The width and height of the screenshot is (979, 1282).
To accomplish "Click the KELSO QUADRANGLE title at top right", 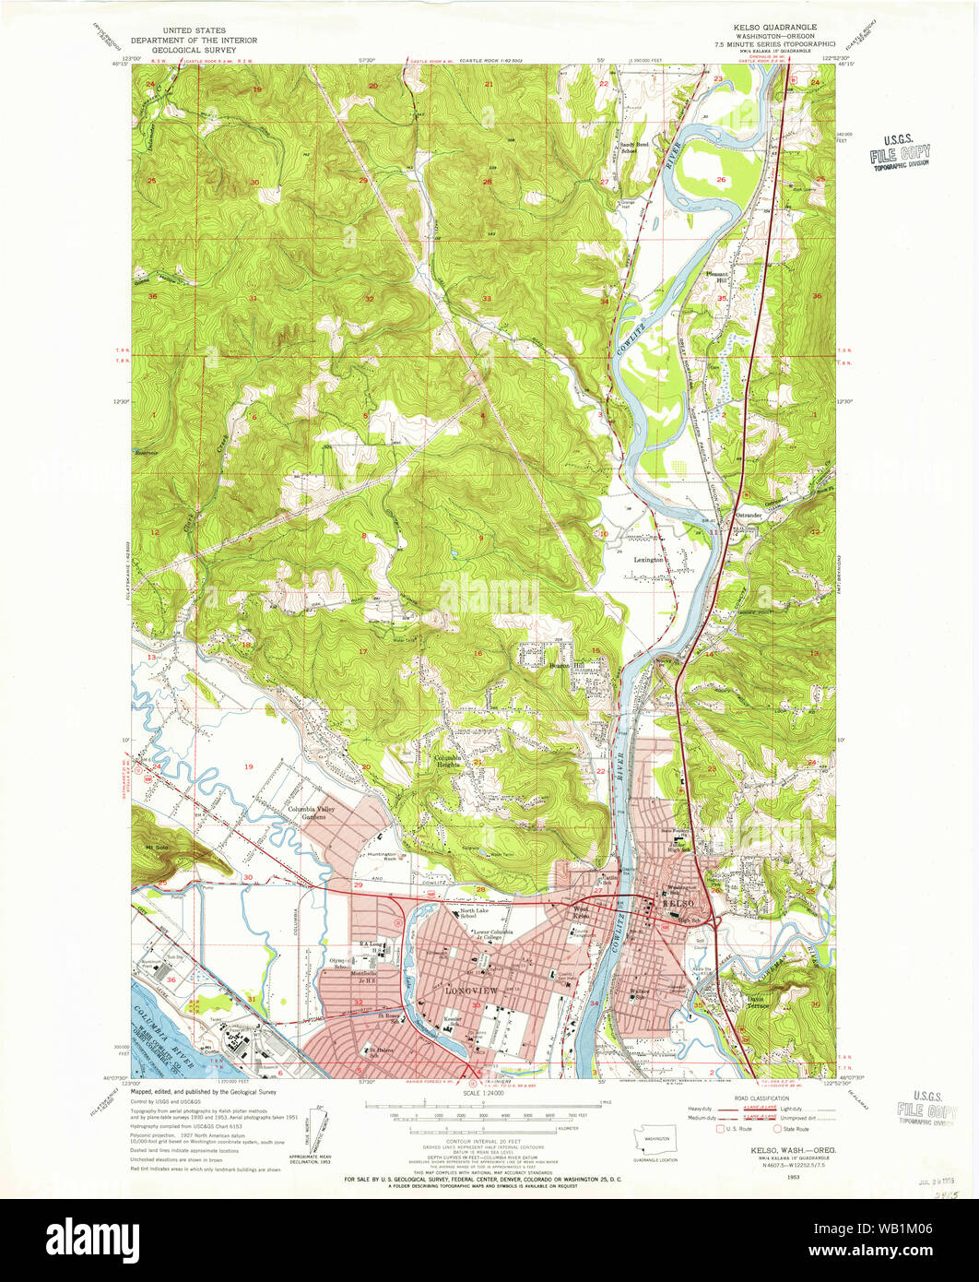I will pos(778,28).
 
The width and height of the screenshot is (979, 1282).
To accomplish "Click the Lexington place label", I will pos(648,560).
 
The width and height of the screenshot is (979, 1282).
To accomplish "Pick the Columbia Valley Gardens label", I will pos(311,813).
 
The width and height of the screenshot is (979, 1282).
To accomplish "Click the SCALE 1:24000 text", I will pos(489,1095).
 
